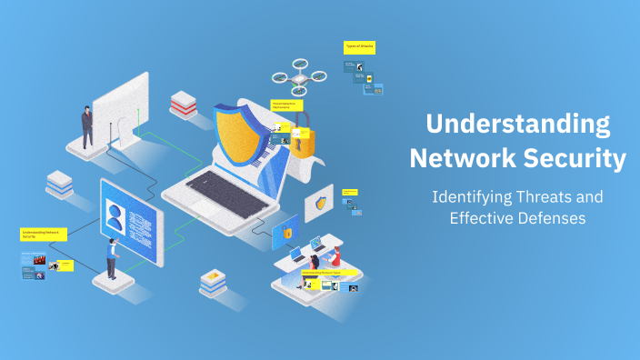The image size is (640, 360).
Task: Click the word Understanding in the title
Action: (518, 124)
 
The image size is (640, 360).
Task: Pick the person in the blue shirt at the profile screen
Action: (113, 260)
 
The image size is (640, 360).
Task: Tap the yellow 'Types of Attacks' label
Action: (359, 46)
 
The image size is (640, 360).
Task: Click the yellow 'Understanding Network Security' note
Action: (44, 235)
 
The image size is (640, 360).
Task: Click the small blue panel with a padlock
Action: (285, 235)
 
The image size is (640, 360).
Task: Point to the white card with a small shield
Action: (320, 203)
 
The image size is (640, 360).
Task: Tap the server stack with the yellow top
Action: (212, 282)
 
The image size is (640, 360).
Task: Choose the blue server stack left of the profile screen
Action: (60, 184)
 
